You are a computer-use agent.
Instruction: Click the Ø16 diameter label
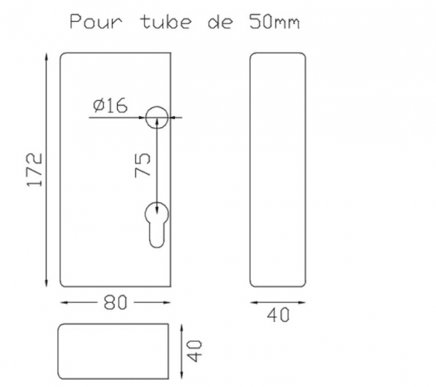tap(110, 106)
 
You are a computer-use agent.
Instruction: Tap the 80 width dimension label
tap(114, 303)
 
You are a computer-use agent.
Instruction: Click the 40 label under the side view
tap(278, 315)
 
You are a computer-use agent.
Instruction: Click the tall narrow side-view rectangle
tap(278, 170)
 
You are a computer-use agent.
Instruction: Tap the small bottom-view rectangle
tap(114, 351)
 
